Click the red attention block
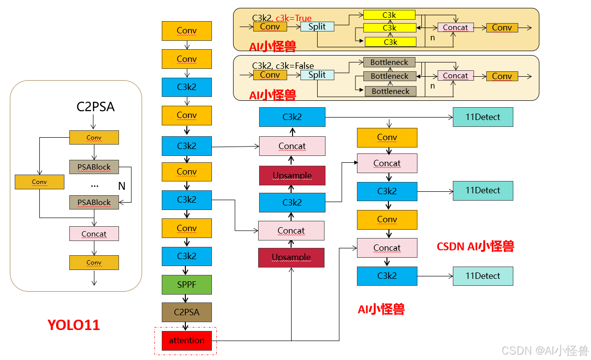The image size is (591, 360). (187, 340)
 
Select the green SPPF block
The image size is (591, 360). (187, 285)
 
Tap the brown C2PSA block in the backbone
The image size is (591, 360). (187, 312)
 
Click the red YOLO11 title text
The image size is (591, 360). (74, 325)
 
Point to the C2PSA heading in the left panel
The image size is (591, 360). (95, 107)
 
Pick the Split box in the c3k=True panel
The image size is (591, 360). (317, 27)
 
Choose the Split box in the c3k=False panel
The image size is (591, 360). (317, 75)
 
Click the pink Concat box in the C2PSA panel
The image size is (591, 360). (94, 234)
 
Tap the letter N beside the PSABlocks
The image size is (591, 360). (122, 186)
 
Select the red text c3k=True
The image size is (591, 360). (294, 18)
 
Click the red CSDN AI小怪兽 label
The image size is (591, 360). (475, 246)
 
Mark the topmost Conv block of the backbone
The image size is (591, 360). (187, 30)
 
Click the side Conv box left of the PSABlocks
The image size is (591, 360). (39, 182)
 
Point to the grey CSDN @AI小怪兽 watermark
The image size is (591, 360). (544, 350)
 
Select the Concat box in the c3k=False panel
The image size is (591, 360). (455, 76)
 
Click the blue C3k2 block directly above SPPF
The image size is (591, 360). (187, 256)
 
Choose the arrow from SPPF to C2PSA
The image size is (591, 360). (187, 298)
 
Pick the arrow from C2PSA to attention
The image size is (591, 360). (187, 326)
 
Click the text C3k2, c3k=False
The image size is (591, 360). (283, 66)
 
